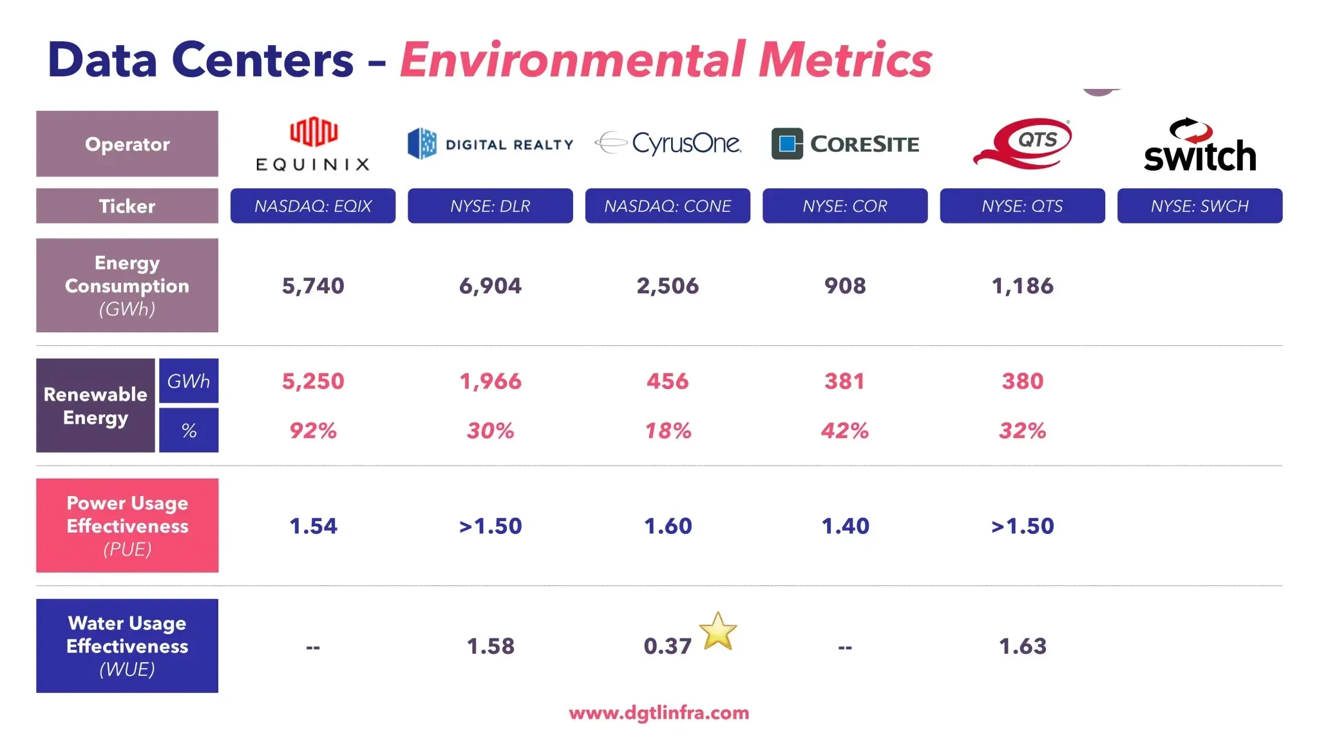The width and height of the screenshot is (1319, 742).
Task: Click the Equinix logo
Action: pos(313,144)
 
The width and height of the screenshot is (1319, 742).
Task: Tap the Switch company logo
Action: pos(1199,146)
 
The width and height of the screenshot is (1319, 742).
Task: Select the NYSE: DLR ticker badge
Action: pos(490,206)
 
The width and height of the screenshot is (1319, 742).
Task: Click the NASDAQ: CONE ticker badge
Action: pos(667,206)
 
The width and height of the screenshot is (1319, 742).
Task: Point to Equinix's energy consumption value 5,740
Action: pos(313,285)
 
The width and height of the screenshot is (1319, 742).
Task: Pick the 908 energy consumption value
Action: pos(845,285)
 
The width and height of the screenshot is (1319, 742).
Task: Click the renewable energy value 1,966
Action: pos(490,381)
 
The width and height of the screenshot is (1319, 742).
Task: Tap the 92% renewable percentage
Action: pos(313,430)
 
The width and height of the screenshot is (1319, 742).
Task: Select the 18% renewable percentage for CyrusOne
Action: pos(668,430)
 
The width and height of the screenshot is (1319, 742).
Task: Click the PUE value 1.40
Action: pos(845,526)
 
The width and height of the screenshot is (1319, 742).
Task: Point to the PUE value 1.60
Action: pos(668,526)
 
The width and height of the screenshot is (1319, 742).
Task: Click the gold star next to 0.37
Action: pos(717,631)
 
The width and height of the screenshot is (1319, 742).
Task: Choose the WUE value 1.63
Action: pos(1022,646)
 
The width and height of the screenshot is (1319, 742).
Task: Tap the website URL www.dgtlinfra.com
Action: pos(659,713)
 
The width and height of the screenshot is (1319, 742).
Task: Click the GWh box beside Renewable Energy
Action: pos(189,381)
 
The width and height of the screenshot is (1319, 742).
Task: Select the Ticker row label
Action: pos(127,206)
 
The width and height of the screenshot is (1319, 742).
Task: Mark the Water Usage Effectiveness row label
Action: pos(127,646)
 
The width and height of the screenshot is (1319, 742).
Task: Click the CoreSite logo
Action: pos(845,144)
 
